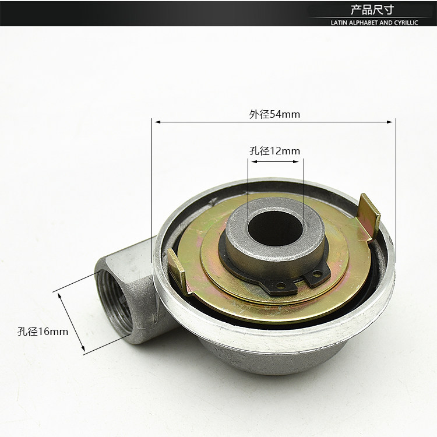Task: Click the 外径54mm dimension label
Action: pos(274,114)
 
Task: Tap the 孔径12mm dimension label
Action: pos(274,151)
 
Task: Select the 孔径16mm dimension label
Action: pos(43,332)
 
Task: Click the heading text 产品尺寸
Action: pos(372,10)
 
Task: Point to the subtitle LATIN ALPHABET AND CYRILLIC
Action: pos(374,23)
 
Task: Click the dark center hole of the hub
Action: pos(276,228)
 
